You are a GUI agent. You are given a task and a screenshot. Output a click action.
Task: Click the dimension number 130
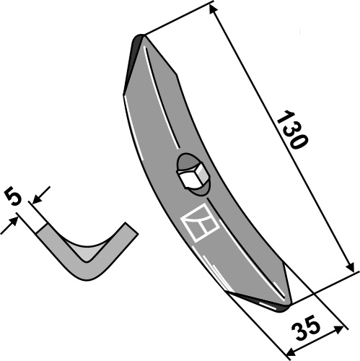pos(291,130)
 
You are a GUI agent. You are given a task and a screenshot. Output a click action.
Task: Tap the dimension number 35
pos(305,329)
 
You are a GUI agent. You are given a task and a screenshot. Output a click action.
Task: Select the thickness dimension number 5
pos(13,198)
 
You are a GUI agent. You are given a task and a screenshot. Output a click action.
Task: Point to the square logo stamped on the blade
pos(200,222)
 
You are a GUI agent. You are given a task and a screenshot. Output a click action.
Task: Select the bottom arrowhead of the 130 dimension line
pos(351,268)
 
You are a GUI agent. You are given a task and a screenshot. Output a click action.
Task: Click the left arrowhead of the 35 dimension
pos(291,352)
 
